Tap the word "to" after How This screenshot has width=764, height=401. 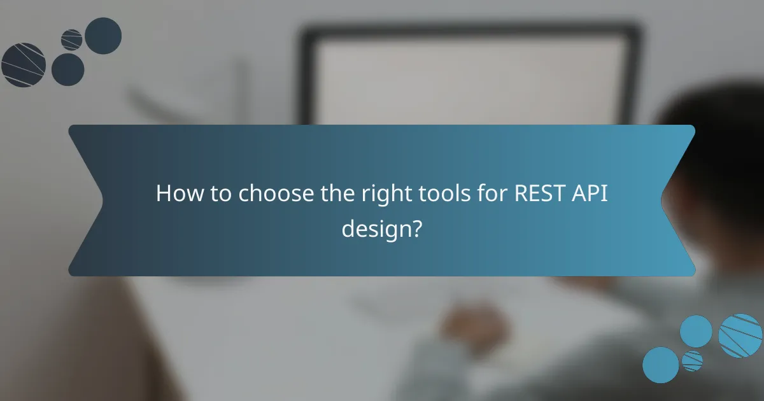219,194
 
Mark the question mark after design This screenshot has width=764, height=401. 416,228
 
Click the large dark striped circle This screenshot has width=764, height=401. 23,65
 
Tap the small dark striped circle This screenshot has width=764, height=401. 72,39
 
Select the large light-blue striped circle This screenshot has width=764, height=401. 740,335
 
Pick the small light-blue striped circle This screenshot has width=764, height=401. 692,361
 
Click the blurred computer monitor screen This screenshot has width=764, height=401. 471,76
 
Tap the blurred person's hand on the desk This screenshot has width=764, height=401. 474,328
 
